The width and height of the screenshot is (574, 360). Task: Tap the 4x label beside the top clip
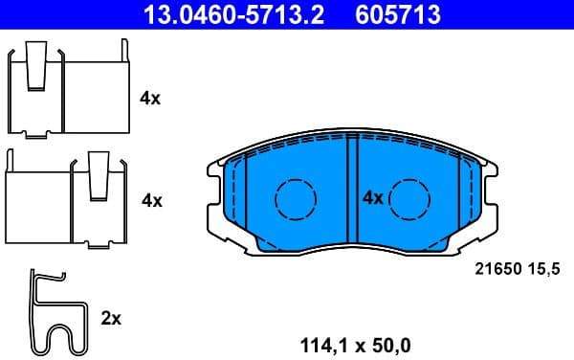point(150,98)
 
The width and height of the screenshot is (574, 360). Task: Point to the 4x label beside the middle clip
point(152,200)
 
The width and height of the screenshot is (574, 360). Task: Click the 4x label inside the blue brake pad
point(372,198)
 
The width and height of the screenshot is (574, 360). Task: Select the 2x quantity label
point(111,318)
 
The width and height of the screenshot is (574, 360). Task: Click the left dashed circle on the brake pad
point(295,198)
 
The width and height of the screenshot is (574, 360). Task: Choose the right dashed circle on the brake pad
point(409,198)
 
